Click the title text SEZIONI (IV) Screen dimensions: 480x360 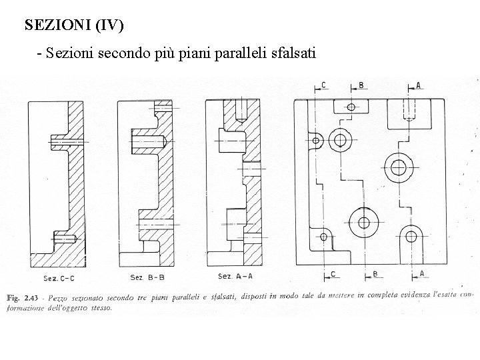tap(73, 26)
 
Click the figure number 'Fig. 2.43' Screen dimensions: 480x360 tap(23, 297)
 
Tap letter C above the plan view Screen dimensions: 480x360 tap(323, 85)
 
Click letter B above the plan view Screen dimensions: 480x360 tap(361, 85)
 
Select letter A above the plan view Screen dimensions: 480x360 tap(419, 85)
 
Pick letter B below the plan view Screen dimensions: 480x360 tap(375, 273)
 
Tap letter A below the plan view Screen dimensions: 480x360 tap(422, 273)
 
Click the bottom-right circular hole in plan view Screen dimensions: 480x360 tap(411, 236)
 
